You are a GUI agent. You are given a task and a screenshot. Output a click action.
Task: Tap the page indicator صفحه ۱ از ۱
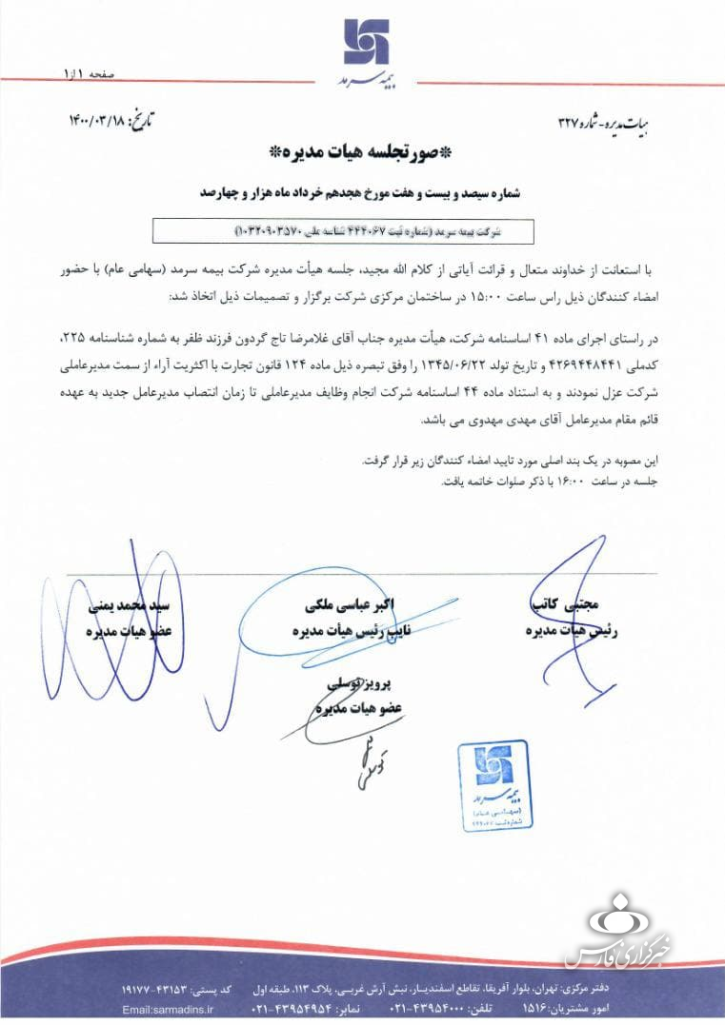click(88, 73)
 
